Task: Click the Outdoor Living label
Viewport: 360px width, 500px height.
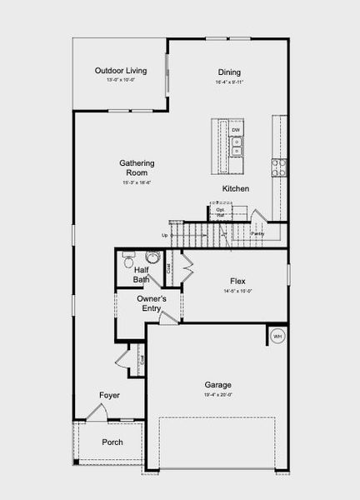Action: (121, 71)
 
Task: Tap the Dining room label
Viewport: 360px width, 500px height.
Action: (229, 72)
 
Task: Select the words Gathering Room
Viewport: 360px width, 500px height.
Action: (137, 167)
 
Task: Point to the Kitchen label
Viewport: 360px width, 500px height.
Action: (236, 189)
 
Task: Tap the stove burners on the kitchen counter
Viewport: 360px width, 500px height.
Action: (278, 167)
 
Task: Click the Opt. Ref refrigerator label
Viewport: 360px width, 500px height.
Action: (221, 212)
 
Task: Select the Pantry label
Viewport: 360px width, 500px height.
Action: (257, 234)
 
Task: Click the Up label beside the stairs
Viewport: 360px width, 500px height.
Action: (165, 235)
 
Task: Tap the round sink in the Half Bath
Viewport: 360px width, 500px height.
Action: (152, 257)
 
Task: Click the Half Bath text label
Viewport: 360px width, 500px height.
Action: (142, 274)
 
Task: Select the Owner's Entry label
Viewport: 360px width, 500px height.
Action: (152, 303)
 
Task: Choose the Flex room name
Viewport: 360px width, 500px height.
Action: (237, 282)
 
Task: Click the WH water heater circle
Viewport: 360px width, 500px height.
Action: (277, 337)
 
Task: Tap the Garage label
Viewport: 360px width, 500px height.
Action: (218, 385)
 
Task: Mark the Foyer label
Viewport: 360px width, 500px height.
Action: (109, 395)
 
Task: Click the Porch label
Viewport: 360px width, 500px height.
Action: (112, 442)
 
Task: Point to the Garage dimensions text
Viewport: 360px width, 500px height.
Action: (218, 394)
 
